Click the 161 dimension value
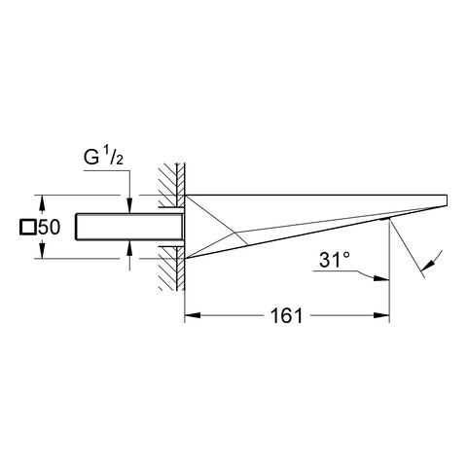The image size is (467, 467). click(286, 315)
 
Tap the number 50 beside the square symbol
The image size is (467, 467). click(50, 227)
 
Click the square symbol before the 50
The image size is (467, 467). click(28, 227)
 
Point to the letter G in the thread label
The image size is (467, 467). click(91, 157)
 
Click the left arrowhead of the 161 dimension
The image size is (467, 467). click(192, 315)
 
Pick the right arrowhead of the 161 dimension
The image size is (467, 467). click(381, 315)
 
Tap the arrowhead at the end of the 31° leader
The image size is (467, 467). click(381, 278)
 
